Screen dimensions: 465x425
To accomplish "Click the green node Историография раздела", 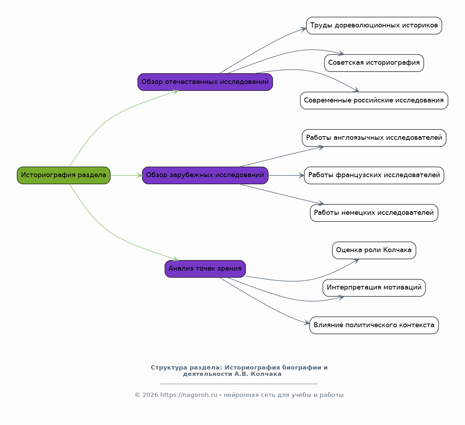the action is (63, 175).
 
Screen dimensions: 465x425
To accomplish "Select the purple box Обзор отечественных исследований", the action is (205, 82).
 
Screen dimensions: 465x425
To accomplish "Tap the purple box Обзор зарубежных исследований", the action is (205, 175).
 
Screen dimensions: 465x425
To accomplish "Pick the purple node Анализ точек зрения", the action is (205, 269).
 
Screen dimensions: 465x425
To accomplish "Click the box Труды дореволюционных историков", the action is (374, 26).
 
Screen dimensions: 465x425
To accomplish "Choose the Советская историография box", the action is (374, 63).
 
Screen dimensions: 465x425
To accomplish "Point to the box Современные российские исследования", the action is (374, 100).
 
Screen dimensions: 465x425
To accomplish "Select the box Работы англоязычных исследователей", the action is (374, 138).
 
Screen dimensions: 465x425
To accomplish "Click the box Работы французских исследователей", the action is (374, 175).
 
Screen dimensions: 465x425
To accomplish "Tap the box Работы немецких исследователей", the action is (374, 213).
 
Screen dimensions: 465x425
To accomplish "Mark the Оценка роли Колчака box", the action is (374, 250).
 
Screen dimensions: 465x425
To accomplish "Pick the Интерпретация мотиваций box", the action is (374, 288).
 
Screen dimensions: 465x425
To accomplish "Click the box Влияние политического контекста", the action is (374, 325).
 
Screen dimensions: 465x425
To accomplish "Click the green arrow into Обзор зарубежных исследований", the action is (126, 175).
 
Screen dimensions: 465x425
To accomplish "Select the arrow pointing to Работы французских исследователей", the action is (286, 175).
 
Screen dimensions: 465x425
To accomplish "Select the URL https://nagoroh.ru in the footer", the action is (189, 395).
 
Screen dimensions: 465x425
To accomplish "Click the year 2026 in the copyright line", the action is (150, 395).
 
